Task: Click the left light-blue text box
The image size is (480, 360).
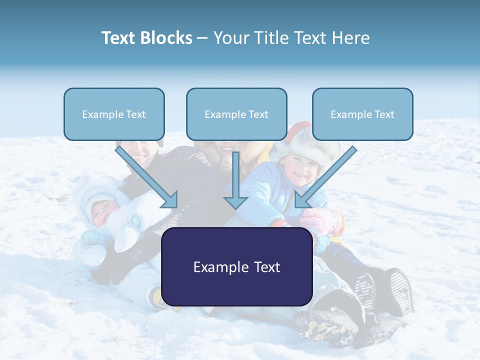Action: [114, 114]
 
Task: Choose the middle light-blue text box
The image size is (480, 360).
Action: [236, 114]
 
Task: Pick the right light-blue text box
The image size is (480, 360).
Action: [362, 114]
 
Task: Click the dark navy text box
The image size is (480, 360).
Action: [236, 266]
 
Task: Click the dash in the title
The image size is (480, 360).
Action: [202, 38]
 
